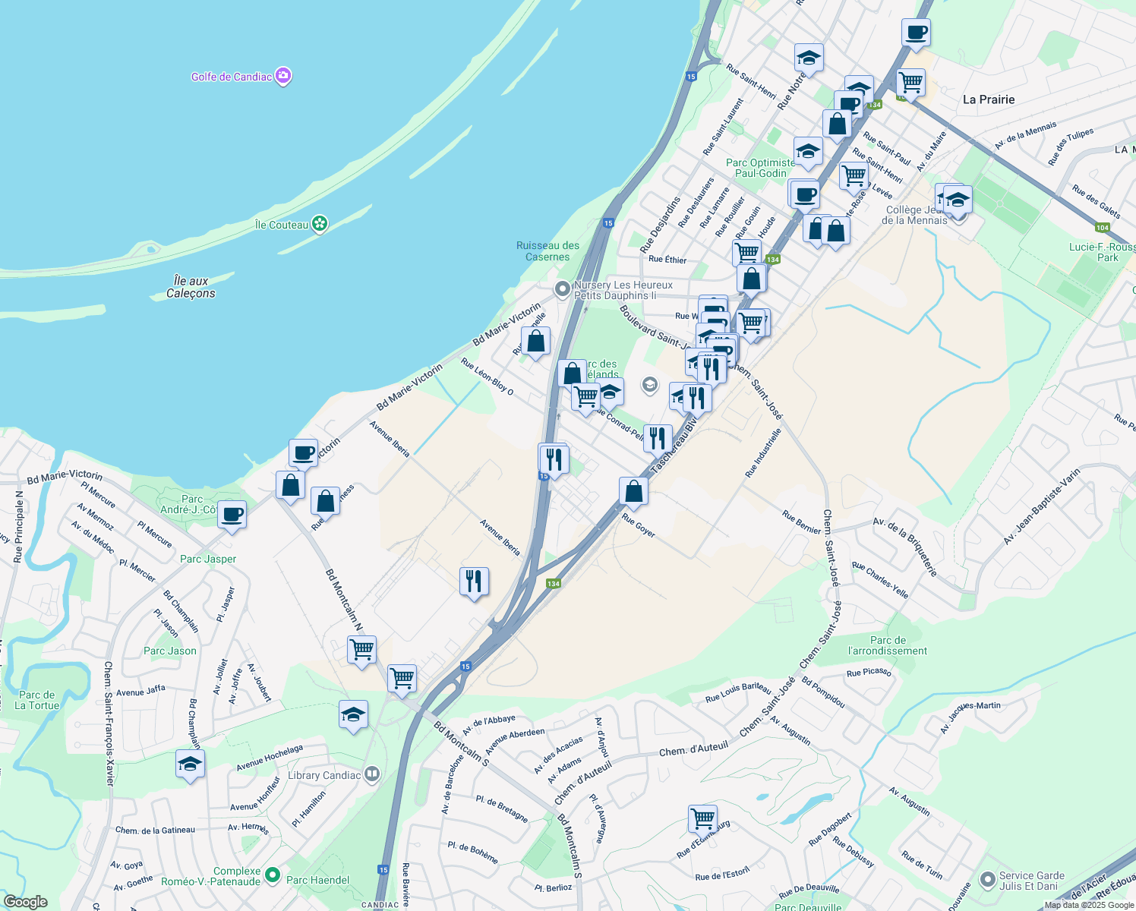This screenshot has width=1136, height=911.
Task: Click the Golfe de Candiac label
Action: (232, 77)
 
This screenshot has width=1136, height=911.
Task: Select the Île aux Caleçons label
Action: (191, 287)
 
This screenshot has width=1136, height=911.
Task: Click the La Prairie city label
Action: (988, 99)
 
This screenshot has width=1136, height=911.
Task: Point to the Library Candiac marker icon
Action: (371, 774)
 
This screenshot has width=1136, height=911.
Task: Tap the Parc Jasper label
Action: (208, 559)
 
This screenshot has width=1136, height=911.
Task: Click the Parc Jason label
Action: (170, 651)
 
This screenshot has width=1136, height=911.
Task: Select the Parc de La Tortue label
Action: (36, 700)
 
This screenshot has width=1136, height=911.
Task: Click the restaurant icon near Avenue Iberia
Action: (474, 582)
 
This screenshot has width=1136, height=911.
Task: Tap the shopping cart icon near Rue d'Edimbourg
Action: (702, 819)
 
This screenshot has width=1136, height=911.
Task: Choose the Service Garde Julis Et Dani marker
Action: (987, 880)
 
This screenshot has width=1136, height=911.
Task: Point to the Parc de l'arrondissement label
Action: (888, 645)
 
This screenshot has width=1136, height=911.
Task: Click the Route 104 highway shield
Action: (1103, 228)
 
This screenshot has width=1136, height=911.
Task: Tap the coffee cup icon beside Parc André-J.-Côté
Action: (232, 515)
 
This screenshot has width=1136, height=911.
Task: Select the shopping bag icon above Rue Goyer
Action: (633, 491)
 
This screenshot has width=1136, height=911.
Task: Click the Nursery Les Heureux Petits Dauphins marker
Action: (562, 288)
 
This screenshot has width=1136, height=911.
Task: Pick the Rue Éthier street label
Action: (667, 260)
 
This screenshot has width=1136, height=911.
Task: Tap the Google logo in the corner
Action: (25, 902)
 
